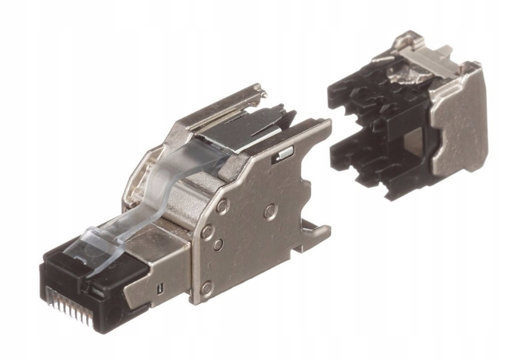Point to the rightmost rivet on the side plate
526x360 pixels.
(x=270, y=209)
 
